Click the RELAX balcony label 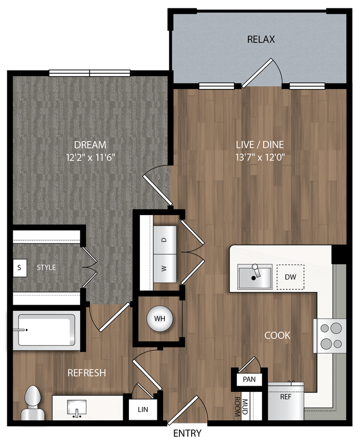click(261, 39)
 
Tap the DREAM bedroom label click(90, 144)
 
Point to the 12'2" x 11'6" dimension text click(90, 156)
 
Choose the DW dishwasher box click(290, 277)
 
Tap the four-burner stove click(331, 336)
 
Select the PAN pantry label click(249, 379)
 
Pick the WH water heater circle click(159, 319)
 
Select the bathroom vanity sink click(77, 407)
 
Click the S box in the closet click(19, 267)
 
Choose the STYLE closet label click(46, 267)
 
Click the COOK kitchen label click(277, 335)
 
